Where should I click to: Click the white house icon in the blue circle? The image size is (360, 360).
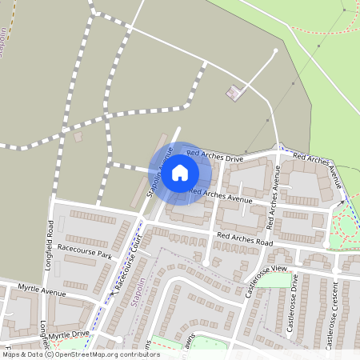(x=180, y=172)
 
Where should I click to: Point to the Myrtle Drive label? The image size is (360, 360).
(x=68, y=334)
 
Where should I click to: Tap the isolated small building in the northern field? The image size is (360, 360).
(x=234, y=93)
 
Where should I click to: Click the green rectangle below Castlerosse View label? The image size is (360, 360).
(x=274, y=280)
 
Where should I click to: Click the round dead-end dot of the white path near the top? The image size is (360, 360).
(x=276, y=50)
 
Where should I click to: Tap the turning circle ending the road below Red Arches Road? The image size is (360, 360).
(x=206, y=263)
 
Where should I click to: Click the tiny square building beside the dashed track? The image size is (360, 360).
(x=78, y=137)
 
